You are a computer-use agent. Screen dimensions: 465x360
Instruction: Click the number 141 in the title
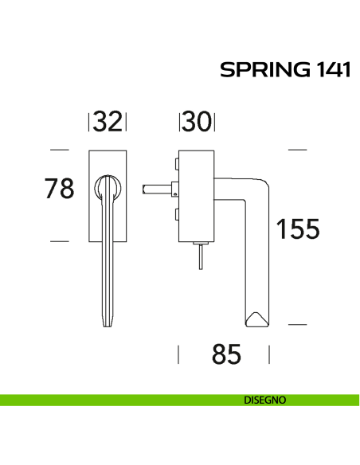coord(327,70)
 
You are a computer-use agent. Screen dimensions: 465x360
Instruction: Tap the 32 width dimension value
coord(108,122)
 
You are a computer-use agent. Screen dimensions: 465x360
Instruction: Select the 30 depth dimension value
coord(197,122)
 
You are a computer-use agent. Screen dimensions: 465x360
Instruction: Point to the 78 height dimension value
coord(58,189)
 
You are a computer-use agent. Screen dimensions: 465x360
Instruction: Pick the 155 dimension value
coord(297,229)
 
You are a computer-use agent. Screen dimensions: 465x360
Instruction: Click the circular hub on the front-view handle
coord(108,188)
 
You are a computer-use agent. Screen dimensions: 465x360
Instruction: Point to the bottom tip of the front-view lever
coord(108,325)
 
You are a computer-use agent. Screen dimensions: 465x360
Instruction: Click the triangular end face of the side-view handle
coord(257,319)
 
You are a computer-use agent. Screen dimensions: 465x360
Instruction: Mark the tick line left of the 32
coord(88,122)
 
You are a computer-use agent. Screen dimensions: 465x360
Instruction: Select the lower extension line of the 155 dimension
coord(297,325)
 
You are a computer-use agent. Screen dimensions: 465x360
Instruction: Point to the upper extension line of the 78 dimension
coord(58,149)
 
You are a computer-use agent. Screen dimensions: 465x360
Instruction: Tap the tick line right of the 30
coord(215,122)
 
